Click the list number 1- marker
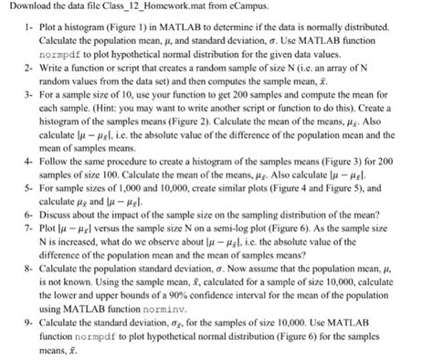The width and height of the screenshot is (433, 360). click(28, 28)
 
